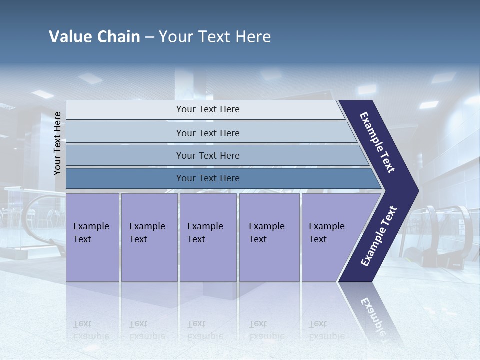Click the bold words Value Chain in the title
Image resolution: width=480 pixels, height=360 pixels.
[x=94, y=37]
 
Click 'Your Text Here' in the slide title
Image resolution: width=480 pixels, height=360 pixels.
[x=215, y=37]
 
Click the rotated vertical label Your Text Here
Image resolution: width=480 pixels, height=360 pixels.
[x=57, y=144]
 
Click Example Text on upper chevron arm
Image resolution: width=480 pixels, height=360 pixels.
[x=377, y=142]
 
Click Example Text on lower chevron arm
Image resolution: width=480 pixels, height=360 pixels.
[x=379, y=236]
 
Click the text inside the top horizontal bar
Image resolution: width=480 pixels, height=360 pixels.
[x=208, y=109]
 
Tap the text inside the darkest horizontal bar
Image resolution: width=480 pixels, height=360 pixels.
[x=208, y=178]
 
